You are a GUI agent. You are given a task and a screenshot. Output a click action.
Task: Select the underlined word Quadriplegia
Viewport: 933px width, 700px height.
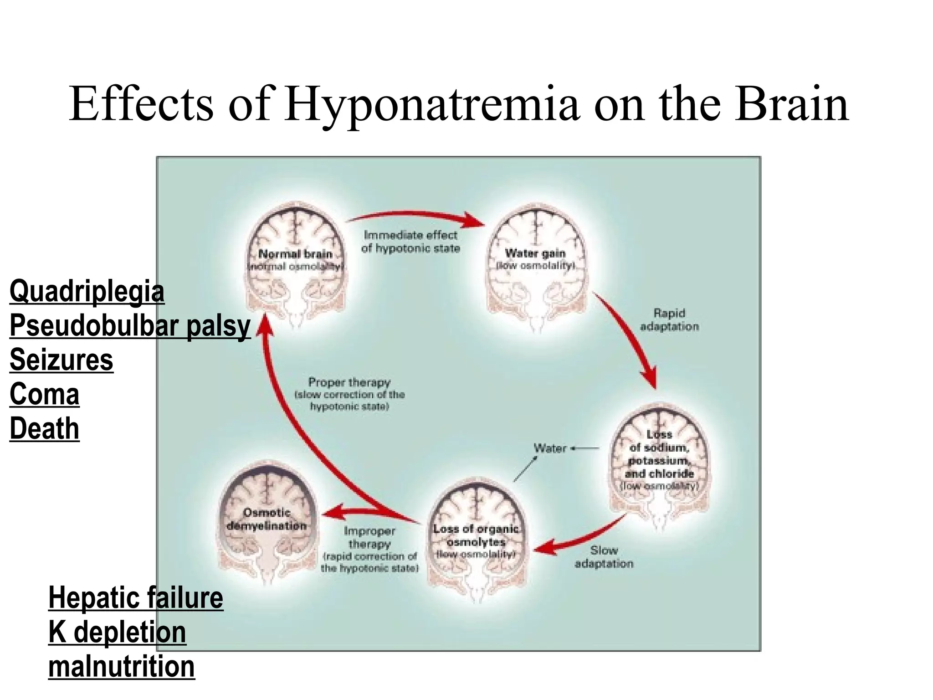tap(87, 292)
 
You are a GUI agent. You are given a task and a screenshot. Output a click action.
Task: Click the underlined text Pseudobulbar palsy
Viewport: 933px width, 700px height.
tap(130, 326)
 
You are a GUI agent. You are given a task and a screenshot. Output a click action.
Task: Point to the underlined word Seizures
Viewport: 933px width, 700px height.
tap(61, 360)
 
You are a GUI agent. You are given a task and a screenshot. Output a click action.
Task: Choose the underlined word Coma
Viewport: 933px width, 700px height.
tap(44, 394)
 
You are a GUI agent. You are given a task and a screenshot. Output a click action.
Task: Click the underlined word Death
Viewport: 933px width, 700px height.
tap(44, 429)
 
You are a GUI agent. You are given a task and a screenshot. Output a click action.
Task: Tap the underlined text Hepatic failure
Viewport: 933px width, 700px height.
tap(135, 598)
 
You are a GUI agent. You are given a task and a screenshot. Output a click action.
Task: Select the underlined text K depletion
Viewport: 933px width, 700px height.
tap(117, 633)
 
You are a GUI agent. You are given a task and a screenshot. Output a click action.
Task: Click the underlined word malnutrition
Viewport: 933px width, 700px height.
tap(121, 667)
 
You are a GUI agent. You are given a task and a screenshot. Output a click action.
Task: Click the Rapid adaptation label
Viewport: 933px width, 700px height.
tap(669, 319)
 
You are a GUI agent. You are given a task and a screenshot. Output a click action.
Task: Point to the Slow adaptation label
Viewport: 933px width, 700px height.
tap(604, 557)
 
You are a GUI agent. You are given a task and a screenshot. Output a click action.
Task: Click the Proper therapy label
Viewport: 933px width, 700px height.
tap(349, 394)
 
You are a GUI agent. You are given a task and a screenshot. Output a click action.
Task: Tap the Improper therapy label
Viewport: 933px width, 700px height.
tap(369, 549)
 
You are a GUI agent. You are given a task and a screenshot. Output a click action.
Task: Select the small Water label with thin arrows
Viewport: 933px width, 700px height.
tap(550, 448)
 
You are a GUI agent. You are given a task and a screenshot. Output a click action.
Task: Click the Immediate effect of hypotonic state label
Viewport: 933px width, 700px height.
tap(410, 242)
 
